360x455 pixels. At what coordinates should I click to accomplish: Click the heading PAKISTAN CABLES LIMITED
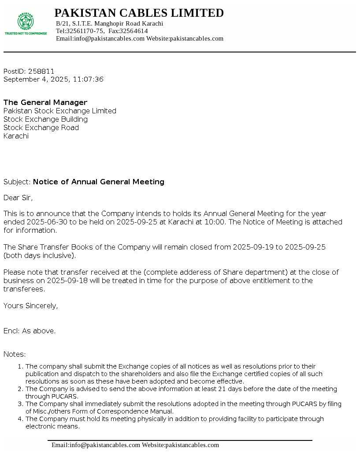click(x=139, y=13)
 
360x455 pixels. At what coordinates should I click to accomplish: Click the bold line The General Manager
click(x=45, y=102)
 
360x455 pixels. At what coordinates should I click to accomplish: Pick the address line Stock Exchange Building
click(x=45, y=119)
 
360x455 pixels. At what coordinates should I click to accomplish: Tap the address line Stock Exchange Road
click(x=41, y=127)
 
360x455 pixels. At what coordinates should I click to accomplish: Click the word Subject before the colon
click(x=16, y=182)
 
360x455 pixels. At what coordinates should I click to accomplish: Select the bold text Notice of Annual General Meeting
click(x=99, y=182)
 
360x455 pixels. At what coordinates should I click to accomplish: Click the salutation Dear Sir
click(x=18, y=198)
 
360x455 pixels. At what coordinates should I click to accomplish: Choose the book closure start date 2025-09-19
click(x=253, y=247)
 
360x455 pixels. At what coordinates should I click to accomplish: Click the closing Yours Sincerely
click(x=30, y=306)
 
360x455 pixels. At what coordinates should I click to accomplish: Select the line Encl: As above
click(x=30, y=331)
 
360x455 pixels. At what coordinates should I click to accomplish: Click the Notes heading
click(x=15, y=354)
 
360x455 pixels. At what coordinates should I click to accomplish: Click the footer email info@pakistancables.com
click(x=104, y=445)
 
